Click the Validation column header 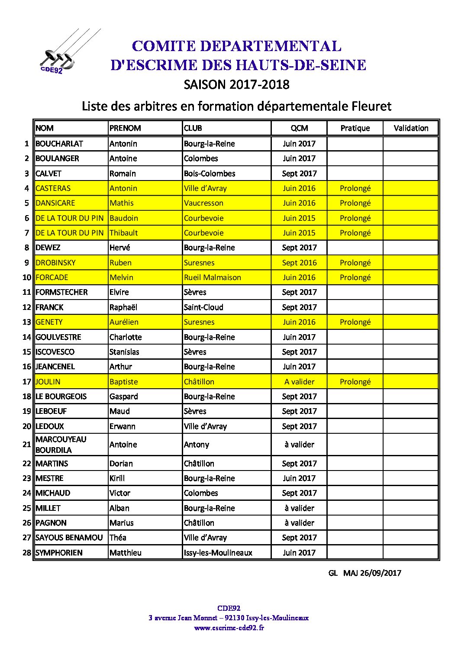411,128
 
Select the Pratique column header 355,128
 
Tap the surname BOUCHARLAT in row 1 59,144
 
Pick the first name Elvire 119,292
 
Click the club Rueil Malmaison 212,277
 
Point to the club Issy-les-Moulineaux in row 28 218,553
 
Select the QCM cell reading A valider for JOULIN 299,382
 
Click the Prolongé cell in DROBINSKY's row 355,263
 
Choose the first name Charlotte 126,337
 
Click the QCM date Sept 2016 299,263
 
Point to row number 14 27,337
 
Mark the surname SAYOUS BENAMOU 69,538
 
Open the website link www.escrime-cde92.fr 229,628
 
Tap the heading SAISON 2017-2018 236,84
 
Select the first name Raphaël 123,307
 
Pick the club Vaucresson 203,203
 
